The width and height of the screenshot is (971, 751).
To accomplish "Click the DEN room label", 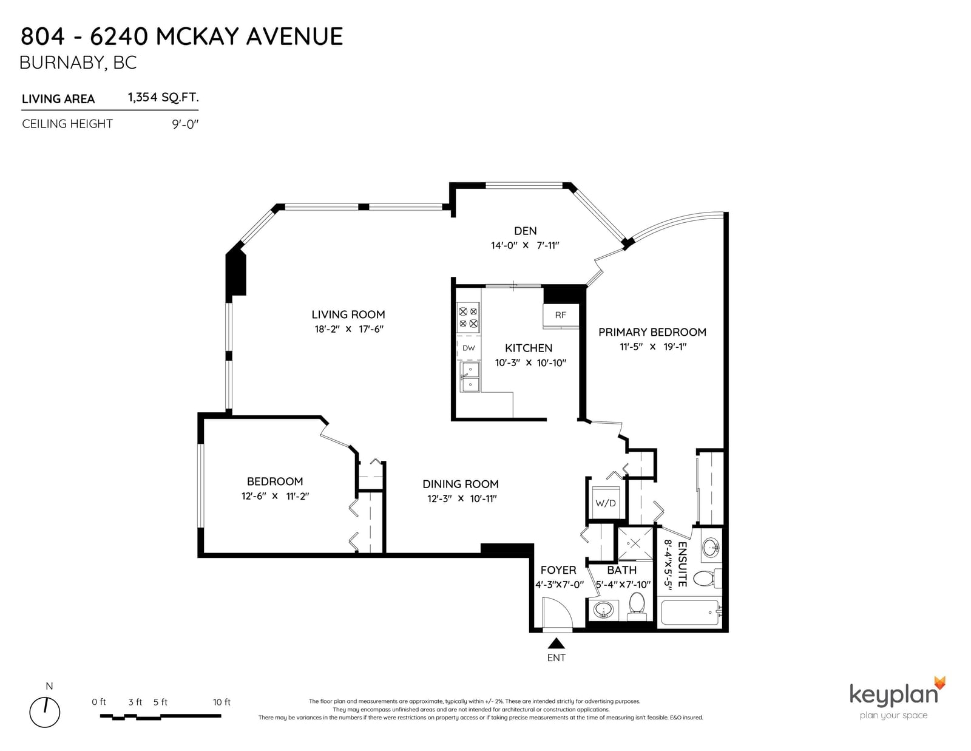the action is (x=525, y=231).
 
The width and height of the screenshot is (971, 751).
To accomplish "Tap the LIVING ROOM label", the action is (x=348, y=314).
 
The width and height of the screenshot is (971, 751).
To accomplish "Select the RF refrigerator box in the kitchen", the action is (x=560, y=316).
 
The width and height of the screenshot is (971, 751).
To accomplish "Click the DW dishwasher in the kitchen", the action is (x=469, y=348).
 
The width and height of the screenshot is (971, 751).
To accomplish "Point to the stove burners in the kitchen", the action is (x=469, y=318).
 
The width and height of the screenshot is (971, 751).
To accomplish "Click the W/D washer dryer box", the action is (x=606, y=503).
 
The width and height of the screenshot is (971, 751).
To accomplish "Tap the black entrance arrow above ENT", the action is (x=557, y=643).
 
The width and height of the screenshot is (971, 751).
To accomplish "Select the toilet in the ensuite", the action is (x=709, y=579).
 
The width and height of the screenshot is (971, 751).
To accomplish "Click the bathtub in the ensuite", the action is (x=691, y=613).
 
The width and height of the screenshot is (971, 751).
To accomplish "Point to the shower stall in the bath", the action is (x=635, y=543).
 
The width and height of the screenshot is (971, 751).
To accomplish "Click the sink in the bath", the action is (x=604, y=610).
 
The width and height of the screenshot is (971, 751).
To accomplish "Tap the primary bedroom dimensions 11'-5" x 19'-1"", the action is (x=653, y=347).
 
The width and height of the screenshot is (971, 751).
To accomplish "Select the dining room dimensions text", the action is (x=462, y=498).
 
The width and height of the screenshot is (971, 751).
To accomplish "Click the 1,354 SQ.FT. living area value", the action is (x=163, y=98).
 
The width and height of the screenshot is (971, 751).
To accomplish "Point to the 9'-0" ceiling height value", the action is (x=185, y=124).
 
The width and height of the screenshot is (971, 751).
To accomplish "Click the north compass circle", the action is (x=45, y=712).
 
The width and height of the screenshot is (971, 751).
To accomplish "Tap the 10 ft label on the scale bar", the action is (x=222, y=702).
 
